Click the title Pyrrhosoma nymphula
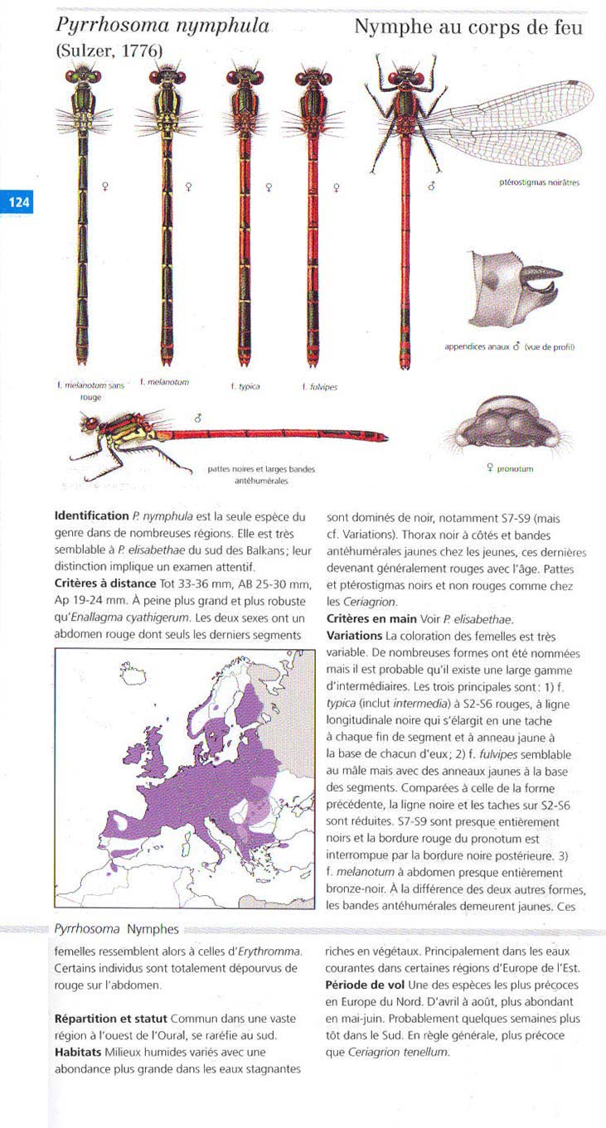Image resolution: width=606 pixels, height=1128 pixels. [x=162, y=26]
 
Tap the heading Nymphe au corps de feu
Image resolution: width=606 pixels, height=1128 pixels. [x=468, y=27]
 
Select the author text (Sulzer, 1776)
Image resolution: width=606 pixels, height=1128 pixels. [x=109, y=51]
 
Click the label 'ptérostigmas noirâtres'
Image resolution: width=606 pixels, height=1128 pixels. [x=539, y=183]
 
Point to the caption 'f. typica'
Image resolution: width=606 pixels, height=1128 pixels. [x=245, y=386]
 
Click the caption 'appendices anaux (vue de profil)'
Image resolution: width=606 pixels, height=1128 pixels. [x=510, y=346]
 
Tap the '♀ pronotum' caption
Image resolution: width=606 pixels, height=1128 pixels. [x=510, y=469]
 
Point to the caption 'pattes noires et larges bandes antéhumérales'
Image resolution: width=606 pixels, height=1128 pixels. [x=261, y=474]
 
